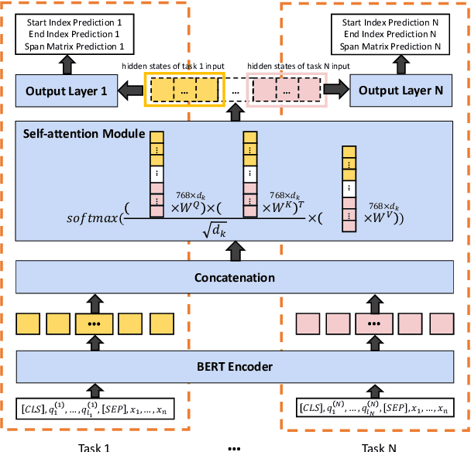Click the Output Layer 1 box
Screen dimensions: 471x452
pyautogui.click(x=67, y=91)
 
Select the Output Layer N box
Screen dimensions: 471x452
pyautogui.click(x=401, y=91)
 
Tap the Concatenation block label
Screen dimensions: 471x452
pyautogui.click(x=235, y=278)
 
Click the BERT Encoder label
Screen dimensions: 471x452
pyautogui.click(x=235, y=366)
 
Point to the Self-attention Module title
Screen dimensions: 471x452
pyautogui.click(x=84, y=134)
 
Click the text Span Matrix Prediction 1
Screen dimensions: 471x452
pyautogui.click(x=74, y=46)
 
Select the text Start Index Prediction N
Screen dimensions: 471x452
pyautogui.click(x=390, y=22)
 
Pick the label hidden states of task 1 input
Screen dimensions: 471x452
pyautogui.click(x=173, y=66)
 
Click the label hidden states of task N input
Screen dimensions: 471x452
pyautogui.click(x=298, y=66)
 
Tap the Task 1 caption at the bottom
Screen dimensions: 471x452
pyautogui.click(x=94, y=447)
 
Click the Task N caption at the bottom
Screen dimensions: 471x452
pyautogui.click(x=379, y=447)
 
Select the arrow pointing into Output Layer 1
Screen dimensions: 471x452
pyautogui.click(x=131, y=91)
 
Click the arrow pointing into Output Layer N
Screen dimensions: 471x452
pyautogui.click(x=337, y=89)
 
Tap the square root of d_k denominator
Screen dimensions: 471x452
pyautogui.click(x=215, y=230)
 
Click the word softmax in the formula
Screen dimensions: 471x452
pyautogui.click(x=92, y=218)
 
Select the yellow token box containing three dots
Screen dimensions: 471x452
pyautogui.click(x=95, y=324)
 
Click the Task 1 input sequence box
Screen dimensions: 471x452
pyautogui.click(x=95, y=409)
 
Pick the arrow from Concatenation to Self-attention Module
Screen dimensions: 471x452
pyautogui.click(x=235, y=251)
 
